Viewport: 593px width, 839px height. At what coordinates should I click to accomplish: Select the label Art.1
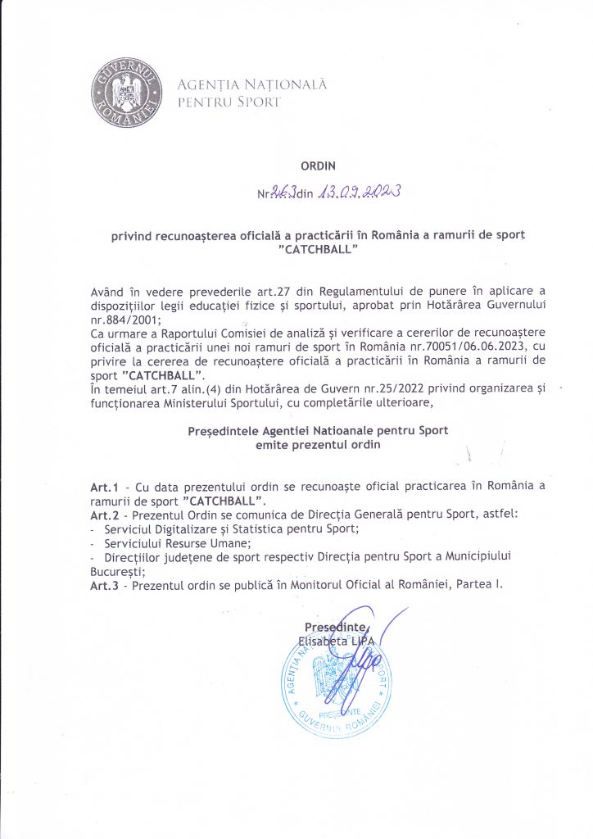tap(104, 487)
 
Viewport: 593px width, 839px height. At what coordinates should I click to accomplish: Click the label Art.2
tap(104, 515)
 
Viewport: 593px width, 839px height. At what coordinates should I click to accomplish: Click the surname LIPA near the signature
tap(369, 642)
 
